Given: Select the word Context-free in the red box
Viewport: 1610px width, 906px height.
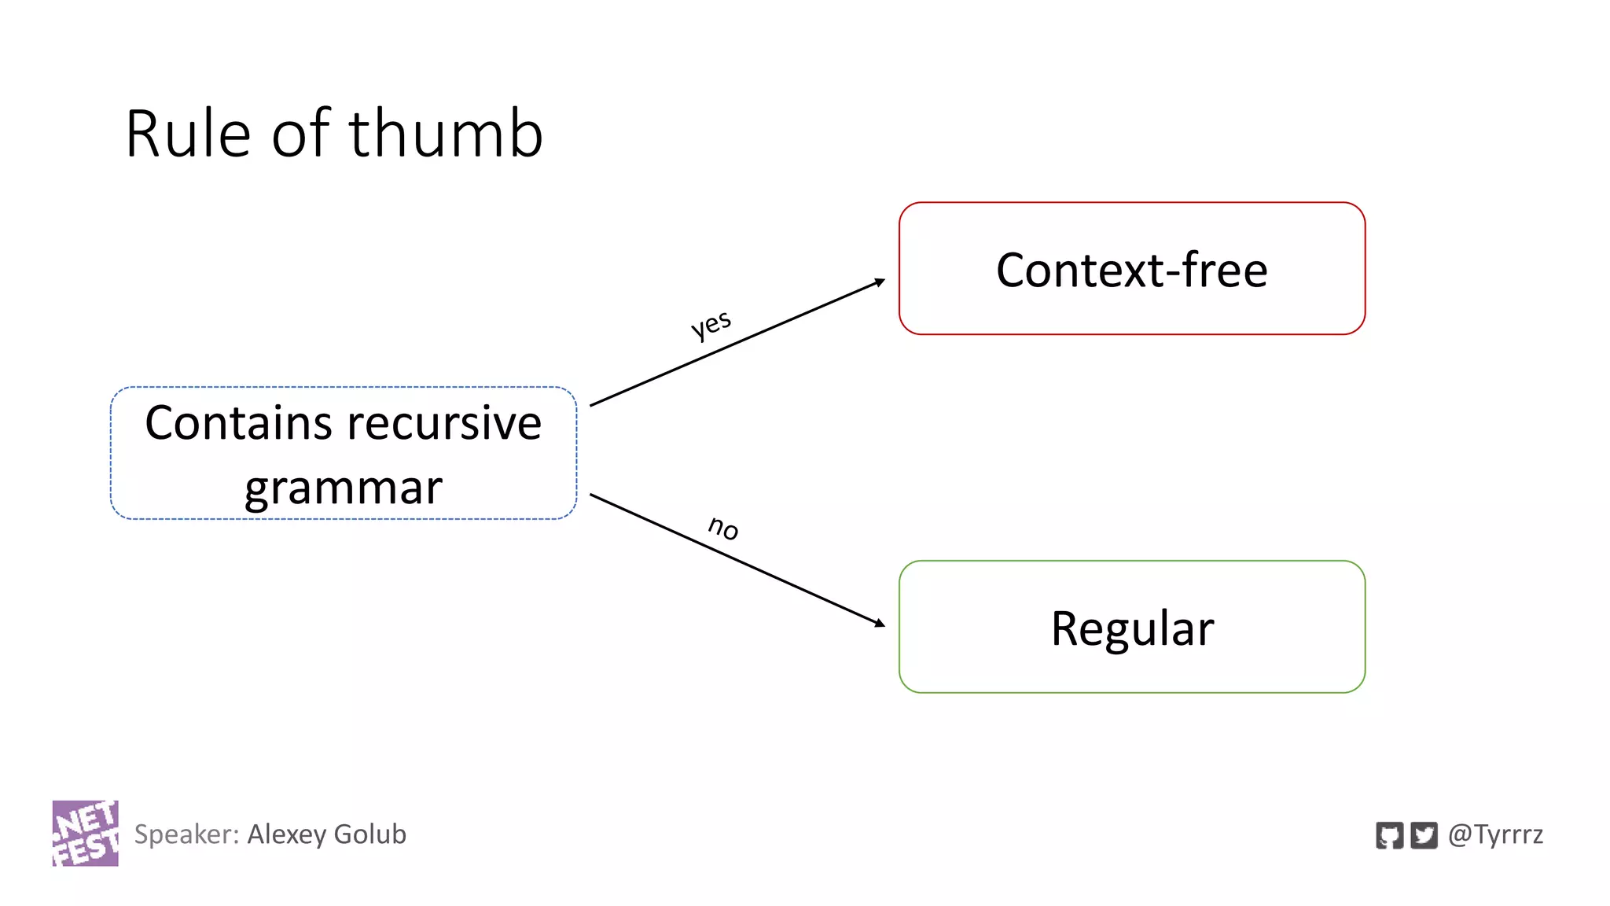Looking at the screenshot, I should pyautogui.click(x=1131, y=270).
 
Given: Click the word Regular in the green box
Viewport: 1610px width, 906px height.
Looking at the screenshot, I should pyautogui.click(x=1132, y=628).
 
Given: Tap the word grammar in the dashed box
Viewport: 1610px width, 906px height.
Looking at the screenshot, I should pyautogui.click(x=344, y=488).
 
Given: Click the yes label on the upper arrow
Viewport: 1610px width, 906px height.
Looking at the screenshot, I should pyautogui.click(x=711, y=324).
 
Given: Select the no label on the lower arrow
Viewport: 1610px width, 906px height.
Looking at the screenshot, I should pyautogui.click(x=723, y=527).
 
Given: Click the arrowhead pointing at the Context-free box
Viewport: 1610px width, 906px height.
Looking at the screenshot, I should pyautogui.click(x=880, y=282).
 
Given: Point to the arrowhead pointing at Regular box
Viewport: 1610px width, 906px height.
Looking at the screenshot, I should pyautogui.click(x=880, y=624).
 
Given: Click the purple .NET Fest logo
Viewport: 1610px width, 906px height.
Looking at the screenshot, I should pyautogui.click(x=86, y=834).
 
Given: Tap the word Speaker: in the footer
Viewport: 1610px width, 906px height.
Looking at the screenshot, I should pyautogui.click(x=186, y=834).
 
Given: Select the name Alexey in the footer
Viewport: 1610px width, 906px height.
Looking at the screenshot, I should pyautogui.click(x=286, y=834).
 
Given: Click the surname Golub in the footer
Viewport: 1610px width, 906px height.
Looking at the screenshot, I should pyautogui.click(x=370, y=834).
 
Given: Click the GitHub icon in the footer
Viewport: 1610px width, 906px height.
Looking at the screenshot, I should pyautogui.click(x=1389, y=835).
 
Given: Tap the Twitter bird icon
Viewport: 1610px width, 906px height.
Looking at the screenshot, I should pyautogui.click(x=1424, y=835).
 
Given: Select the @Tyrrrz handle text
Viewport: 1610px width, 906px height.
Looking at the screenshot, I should pyautogui.click(x=1495, y=834).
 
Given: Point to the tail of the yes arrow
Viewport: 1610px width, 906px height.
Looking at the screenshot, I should pyautogui.click(x=593, y=404).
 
